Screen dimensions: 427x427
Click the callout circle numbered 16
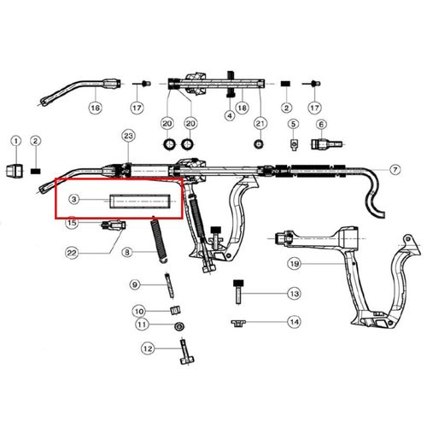[x=95, y=108]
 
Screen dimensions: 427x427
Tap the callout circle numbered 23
[x=128, y=136]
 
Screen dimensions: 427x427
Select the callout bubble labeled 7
[x=395, y=170]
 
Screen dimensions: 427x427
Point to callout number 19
[x=295, y=264]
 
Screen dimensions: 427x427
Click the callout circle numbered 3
[x=74, y=199]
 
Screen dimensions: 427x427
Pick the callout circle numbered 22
[x=72, y=253]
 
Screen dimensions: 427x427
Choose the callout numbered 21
[x=260, y=124]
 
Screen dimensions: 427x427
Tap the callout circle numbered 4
[x=230, y=115]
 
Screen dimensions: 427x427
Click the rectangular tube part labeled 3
[x=140, y=201]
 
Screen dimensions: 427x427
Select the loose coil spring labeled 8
[x=158, y=239]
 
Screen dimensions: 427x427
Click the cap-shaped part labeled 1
[x=15, y=171]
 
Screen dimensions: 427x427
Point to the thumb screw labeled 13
[x=238, y=292]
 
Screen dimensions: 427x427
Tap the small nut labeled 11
[x=178, y=326]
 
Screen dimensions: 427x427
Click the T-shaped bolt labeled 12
[x=185, y=352]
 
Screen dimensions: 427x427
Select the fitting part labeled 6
[x=326, y=144]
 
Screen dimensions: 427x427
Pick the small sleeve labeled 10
[x=175, y=310]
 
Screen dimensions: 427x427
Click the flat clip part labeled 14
[x=238, y=323]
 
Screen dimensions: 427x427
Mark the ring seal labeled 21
[x=258, y=143]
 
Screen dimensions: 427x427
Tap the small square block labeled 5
[x=294, y=144]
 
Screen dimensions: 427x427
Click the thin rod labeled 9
[x=169, y=285]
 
